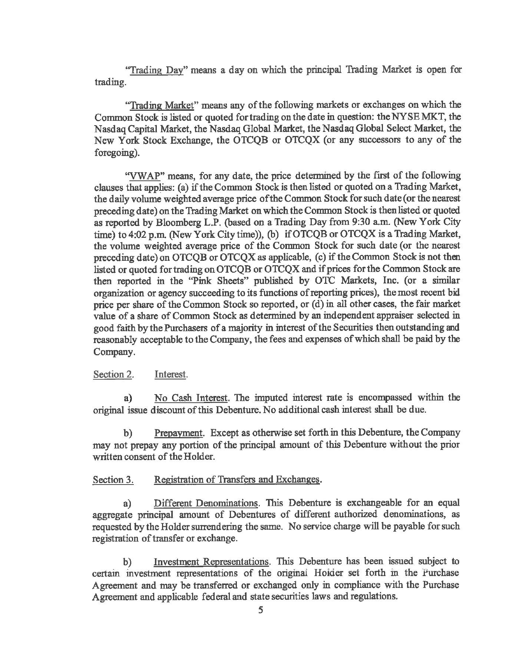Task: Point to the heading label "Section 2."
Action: point(113,375)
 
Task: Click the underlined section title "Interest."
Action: point(171,375)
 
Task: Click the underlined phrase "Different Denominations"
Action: point(206,503)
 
